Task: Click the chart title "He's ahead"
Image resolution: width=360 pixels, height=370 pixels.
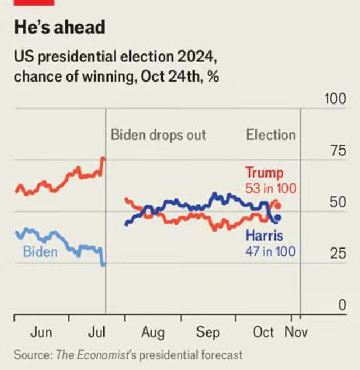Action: (60, 27)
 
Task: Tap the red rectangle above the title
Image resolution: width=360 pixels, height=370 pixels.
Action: (34, 2)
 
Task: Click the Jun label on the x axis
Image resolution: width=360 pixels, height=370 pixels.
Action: (41, 332)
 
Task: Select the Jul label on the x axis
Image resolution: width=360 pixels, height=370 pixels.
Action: (97, 332)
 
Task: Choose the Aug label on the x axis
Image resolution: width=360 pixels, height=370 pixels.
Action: (152, 332)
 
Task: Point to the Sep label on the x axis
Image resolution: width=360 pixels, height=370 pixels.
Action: (208, 332)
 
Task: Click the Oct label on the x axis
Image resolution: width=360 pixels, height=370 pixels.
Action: (263, 332)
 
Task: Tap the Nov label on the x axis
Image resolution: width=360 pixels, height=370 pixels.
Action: (296, 332)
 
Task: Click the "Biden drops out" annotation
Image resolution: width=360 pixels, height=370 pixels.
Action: (158, 135)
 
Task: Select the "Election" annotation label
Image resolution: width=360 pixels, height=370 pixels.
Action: (271, 135)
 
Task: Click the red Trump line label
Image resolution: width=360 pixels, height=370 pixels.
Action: (264, 172)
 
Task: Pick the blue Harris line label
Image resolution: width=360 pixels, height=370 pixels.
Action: (264, 235)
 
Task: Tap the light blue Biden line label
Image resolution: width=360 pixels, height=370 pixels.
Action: (40, 251)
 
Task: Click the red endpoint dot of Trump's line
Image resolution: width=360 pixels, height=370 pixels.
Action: (277, 206)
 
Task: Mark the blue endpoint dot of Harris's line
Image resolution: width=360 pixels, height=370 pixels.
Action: (277, 218)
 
